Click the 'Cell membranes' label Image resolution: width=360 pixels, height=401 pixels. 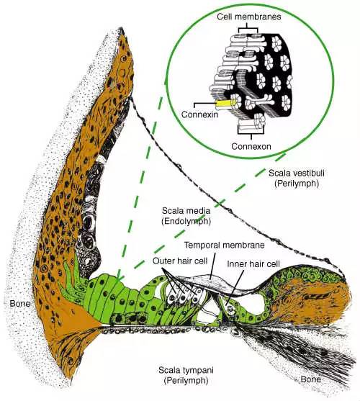click(249, 17)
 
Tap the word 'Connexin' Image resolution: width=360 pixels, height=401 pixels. click(200, 114)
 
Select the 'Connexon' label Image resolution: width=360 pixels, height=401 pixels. click(251, 147)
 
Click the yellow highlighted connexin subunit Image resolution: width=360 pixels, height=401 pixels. click(225, 104)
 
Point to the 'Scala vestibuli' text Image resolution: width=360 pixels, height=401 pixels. click(297, 174)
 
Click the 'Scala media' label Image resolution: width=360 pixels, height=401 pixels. click(186, 211)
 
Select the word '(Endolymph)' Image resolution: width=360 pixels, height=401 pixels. click(186, 222)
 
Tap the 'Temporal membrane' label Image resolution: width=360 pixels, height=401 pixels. click(225, 245)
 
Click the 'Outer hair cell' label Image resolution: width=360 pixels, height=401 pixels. click(180, 261)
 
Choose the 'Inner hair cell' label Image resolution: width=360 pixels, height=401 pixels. click(253, 264)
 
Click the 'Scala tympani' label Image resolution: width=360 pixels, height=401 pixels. click(186, 370)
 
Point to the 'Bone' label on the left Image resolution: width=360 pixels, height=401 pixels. click(20, 304)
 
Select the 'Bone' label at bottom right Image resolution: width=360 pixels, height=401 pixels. click(310, 379)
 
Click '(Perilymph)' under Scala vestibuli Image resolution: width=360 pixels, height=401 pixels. click(297, 184)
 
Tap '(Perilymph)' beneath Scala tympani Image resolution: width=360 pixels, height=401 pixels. click(186, 381)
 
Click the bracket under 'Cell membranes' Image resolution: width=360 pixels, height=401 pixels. click(247, 28)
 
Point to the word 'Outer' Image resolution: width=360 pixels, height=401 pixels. click(163, 261)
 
